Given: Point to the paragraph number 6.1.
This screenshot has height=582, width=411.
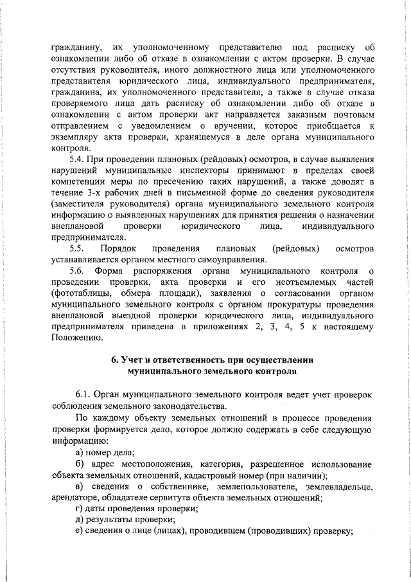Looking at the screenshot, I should (x=83, y=393).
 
